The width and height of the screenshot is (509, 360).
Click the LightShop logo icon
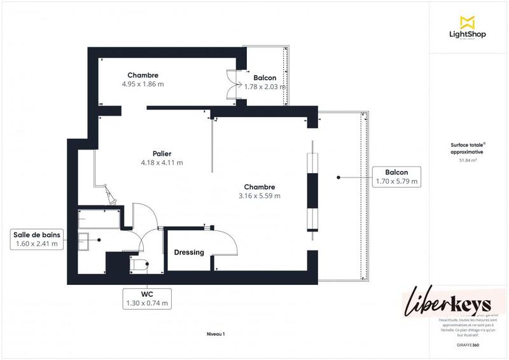pyautogui.click(x=467, y=22)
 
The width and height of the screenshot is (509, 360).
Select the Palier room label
pyautogui.click(x=162, y=153)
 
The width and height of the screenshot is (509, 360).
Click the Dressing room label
pyautogui.click(x=189, y=253)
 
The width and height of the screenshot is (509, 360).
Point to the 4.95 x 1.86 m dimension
pyautogui.click(x=143, y=84)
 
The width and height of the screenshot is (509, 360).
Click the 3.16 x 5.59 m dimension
pyautogui.click(x=259, y=196)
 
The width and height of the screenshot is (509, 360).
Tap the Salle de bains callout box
pyautogui.click(x=36, y=239)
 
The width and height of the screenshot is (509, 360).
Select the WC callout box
pyautogui.click(x=147, y=299)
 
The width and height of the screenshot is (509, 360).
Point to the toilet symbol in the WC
pyautogui.click(x=139, y=263)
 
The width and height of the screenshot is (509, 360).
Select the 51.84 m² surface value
pyautogui.click(x=468, y=161)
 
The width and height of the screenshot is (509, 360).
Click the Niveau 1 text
pyautogui.click(x=216, y=334)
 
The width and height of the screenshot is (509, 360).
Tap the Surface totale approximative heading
pyautogui.click(x=468, y=149)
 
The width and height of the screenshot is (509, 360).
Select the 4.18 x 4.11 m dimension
pyautogui.click(x=162, y=163)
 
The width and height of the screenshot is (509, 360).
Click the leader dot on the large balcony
pyautogui.click(x=339, y=177)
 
